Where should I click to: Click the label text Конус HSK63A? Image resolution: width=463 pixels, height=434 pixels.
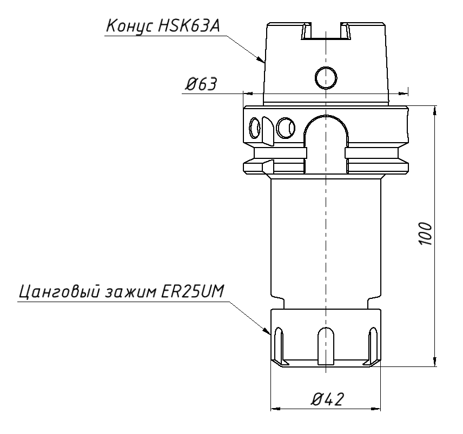(x=163, y=26)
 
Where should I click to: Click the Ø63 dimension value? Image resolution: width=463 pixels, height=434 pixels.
(x=201, y=84)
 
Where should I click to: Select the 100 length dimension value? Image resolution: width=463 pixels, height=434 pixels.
(x=426, y=233)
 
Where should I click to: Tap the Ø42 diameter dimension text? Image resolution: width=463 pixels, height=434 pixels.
(x=328, y=399)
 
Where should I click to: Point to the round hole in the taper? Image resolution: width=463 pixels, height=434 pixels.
(x=326, y=78)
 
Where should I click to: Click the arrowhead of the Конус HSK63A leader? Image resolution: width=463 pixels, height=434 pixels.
(x=261, y=60)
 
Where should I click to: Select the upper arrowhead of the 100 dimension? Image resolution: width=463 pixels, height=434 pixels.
(x=435, y=111)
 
